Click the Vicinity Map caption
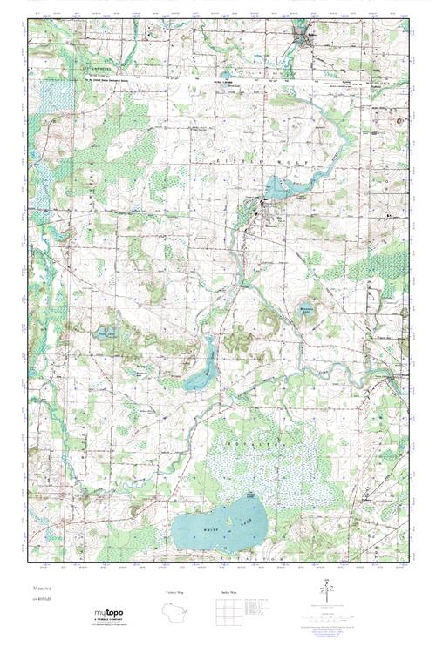coord(174,592)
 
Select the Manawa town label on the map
coord(271,219)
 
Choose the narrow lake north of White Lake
coord(203,367)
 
